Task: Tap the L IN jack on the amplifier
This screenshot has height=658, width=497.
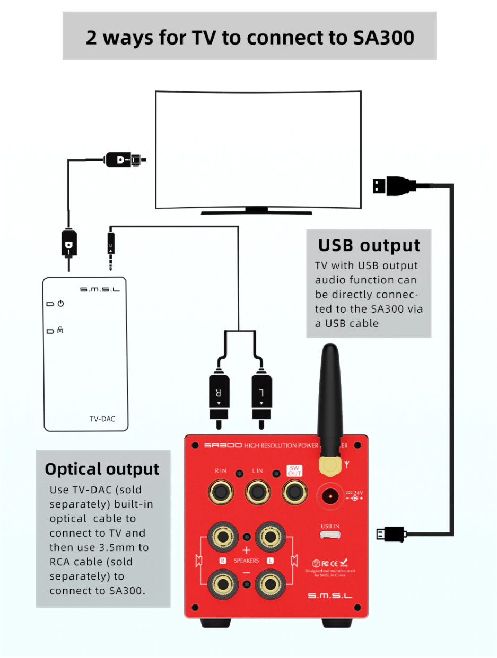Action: [257, 492]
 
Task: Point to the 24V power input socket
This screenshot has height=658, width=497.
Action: [330, 496]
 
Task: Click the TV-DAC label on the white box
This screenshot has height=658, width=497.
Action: [102, 419]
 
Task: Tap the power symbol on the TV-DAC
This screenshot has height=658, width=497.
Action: [61, 304]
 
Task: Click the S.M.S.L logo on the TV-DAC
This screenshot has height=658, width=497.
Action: [100, 289]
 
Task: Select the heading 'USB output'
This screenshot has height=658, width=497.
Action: [369, 246]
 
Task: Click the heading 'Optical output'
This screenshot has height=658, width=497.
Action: [102, 469]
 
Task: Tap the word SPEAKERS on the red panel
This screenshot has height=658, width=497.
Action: [246, 561]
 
